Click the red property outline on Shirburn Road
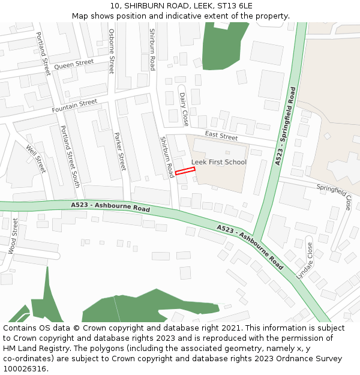185,172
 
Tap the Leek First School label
219,162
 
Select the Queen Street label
74,64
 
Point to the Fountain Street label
74,106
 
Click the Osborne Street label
111,51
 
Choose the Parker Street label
120,151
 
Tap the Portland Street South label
69,156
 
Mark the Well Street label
36,158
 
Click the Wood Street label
13,236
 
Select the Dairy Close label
184,109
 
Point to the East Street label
221,136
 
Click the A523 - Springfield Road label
286,126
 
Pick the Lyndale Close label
304,260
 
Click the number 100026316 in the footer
25,368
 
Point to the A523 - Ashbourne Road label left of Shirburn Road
110,208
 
